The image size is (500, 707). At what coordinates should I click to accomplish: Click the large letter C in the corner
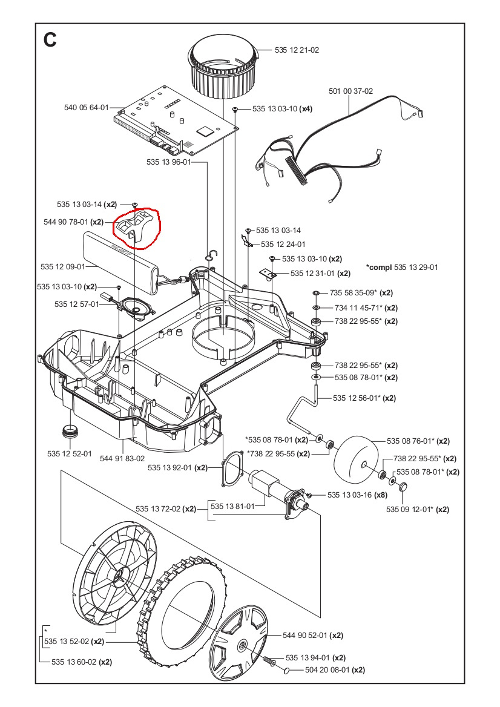pos(50,39)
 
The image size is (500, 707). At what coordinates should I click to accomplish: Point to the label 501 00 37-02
pos(351,91)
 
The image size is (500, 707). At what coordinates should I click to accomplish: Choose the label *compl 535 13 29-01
pos(402,267)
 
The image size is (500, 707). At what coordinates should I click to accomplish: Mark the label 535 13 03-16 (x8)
pos(357,495)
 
